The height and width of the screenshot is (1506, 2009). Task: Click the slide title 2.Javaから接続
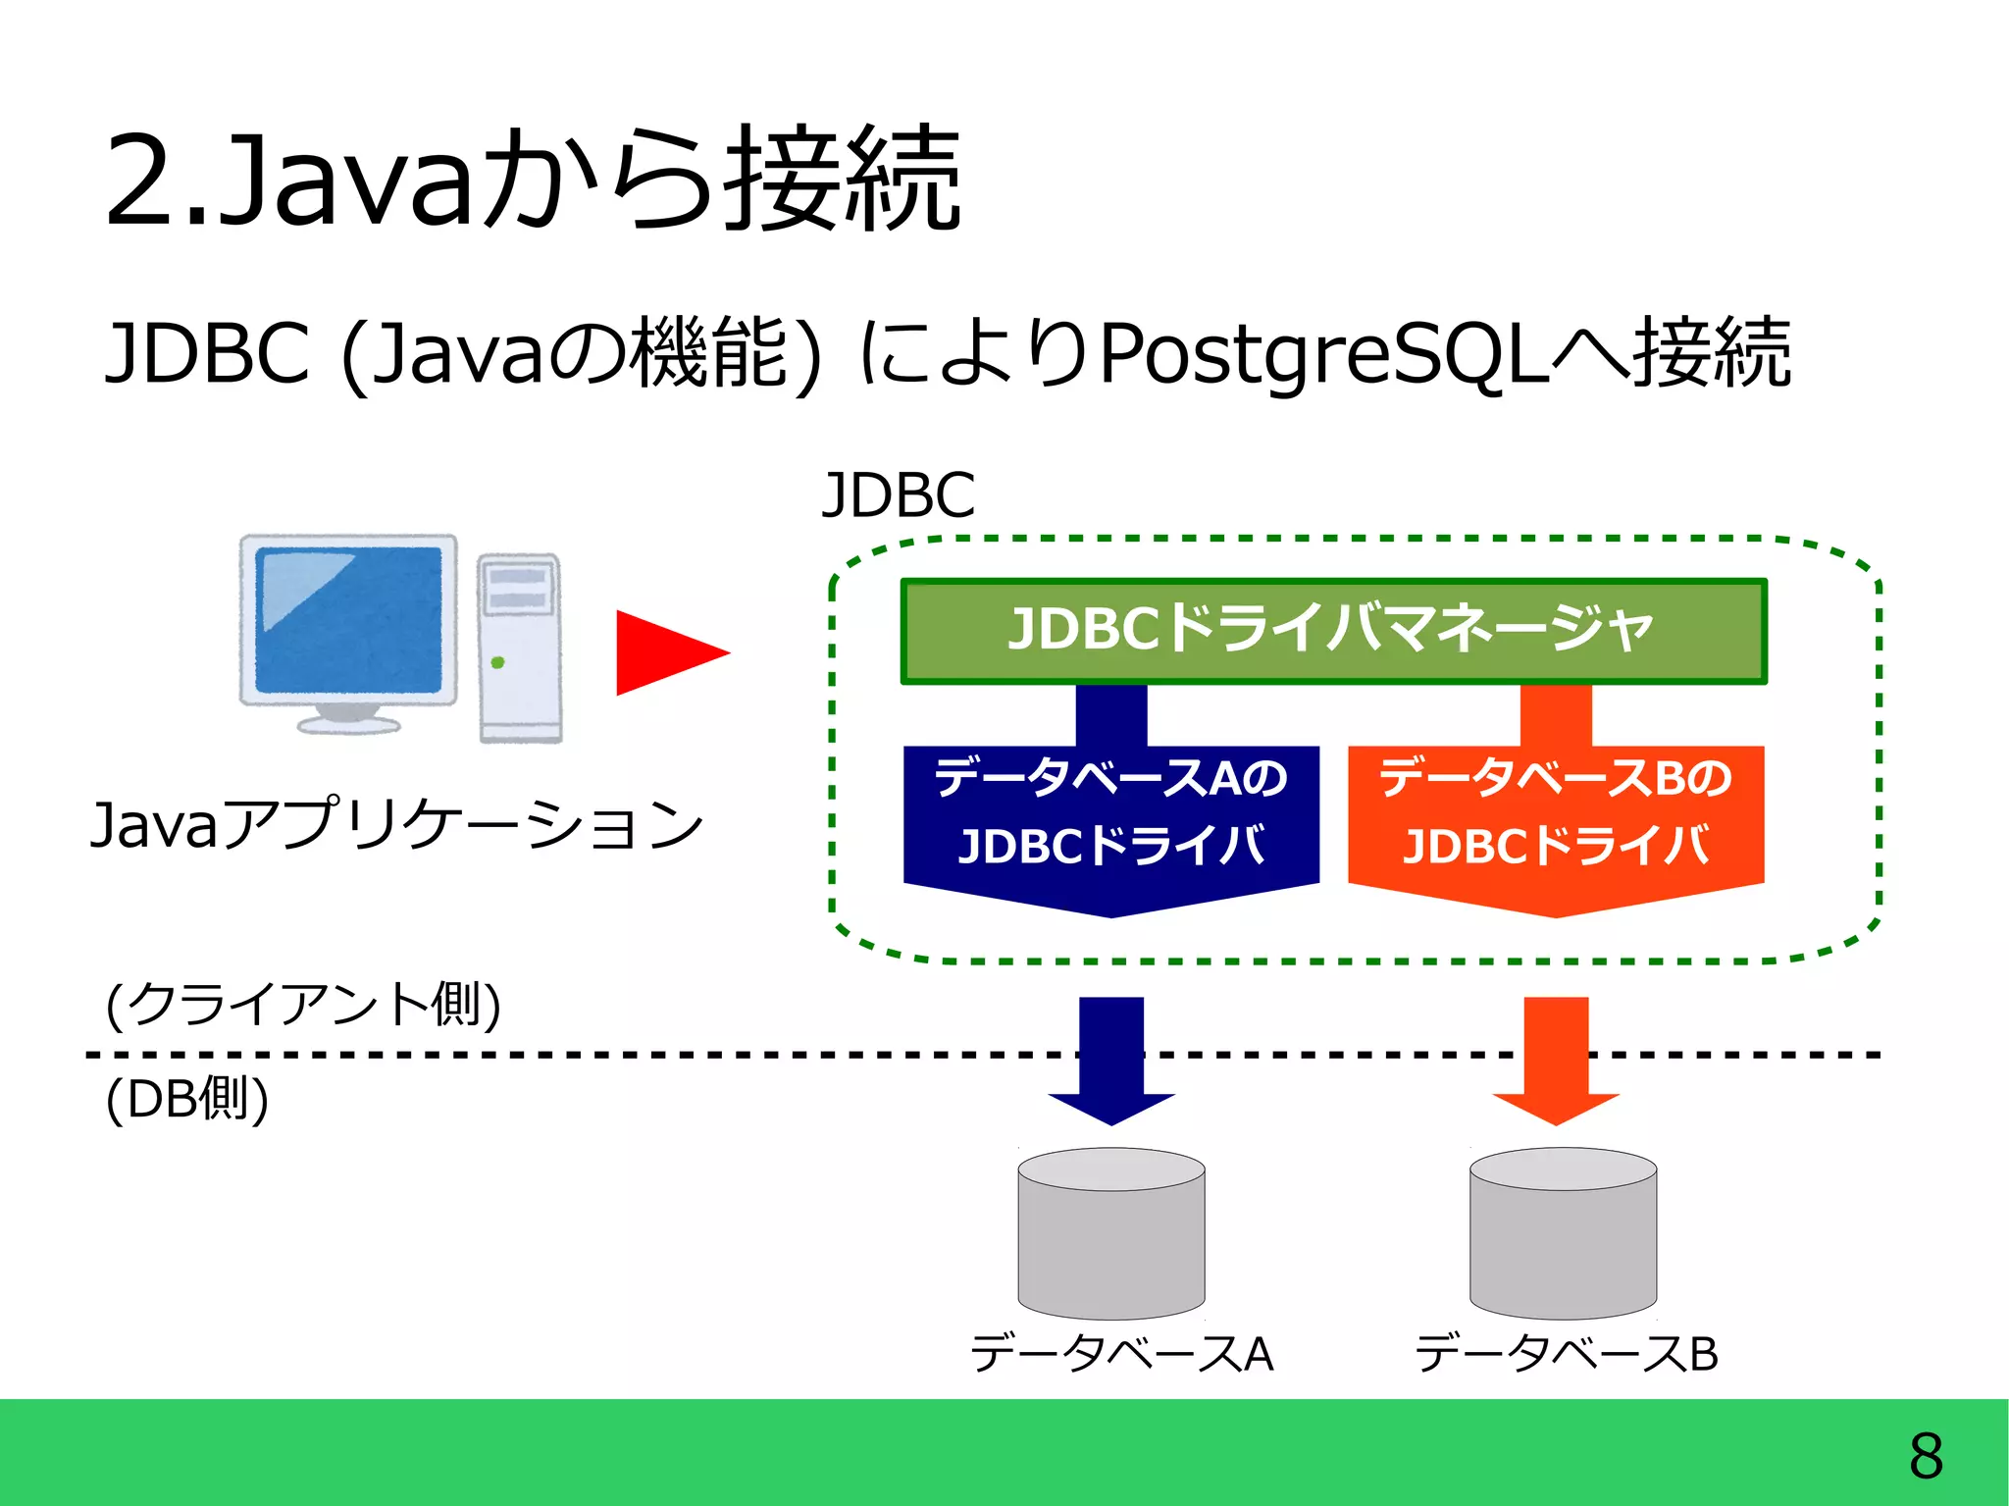coord(533,182)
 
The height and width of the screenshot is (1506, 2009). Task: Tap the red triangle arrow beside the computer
coord(667,652)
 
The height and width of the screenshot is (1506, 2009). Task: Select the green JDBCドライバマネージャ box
coord(1333,631)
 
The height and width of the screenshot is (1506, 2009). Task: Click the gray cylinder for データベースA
coord(1111,1233)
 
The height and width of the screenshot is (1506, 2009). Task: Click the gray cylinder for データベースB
coord(1563,1233)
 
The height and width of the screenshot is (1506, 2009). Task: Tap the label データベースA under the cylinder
coord(1121,1353)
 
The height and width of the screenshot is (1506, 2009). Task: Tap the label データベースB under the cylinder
coord(1566,1353)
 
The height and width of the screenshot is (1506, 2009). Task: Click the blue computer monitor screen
coord(348,620)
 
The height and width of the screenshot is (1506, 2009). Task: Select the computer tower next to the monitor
coord(520,648)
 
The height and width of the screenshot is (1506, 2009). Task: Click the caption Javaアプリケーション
coord(396,824)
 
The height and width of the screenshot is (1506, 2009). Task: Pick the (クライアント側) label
coord(303,1004)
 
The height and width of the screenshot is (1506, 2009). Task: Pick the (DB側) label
coord(186,1098)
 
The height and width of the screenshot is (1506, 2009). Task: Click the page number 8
coord(1926,1456)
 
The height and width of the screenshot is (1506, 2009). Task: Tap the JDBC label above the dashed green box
coord(898,494)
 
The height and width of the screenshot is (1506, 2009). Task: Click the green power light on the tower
coord(497,663)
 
